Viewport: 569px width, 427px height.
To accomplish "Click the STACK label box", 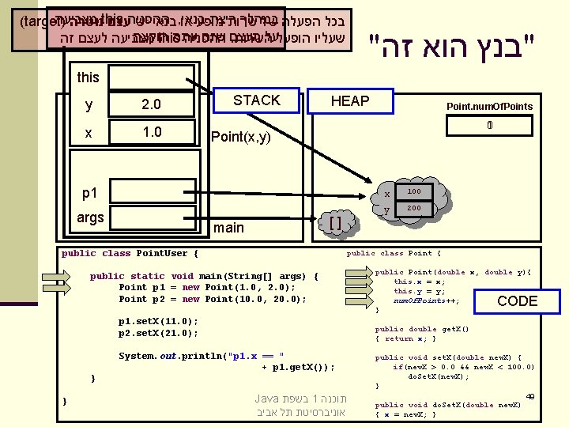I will point(256,100).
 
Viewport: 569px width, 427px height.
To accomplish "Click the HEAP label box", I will point(350,100).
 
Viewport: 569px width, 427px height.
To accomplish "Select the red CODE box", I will point(518,300).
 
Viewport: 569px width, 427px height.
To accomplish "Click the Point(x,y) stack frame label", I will point(241,138).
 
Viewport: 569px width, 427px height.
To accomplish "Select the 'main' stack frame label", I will point(229,228).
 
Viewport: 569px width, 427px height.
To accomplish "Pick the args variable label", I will point(91,217).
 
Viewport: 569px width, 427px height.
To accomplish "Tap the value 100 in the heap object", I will point(413,192).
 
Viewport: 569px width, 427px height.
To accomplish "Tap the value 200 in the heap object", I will point(413,208).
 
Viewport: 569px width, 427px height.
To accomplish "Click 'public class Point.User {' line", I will point(130,253).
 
